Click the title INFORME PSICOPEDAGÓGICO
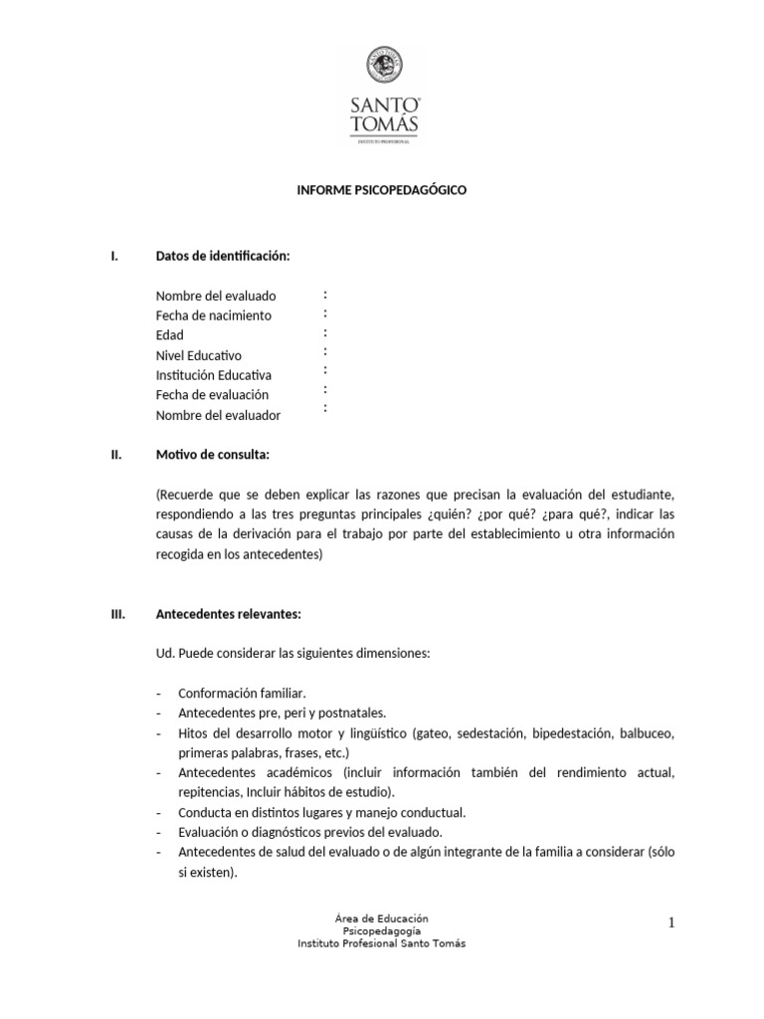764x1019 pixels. tap(382, 189)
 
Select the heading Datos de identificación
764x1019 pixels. tap(223, 256)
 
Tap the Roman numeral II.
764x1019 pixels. tap(115, 455)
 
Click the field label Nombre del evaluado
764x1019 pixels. tap(216, 296)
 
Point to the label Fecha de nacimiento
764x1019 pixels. tap(214, 315)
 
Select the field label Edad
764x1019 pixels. tap(170, 335)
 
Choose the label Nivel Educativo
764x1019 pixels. tap(199, 355)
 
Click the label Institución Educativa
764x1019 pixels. tap(214, 375)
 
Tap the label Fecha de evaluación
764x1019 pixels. tap(213, 395)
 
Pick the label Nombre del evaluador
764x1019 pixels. tap(218, 415)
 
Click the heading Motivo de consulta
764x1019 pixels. tap(213, 455)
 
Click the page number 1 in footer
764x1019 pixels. tap(671, 923)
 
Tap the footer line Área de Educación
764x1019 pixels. tap(382, 917)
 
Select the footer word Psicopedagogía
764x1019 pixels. tap(382, 929)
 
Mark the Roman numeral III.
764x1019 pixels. tap(117, 614)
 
